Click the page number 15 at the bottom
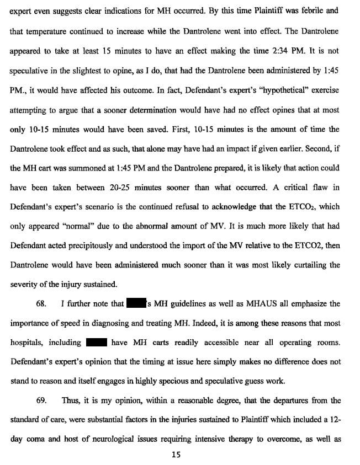(x=177, y=455)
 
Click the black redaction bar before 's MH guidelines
(x=136, y=304)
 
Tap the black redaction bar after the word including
(x=96, y=343)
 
